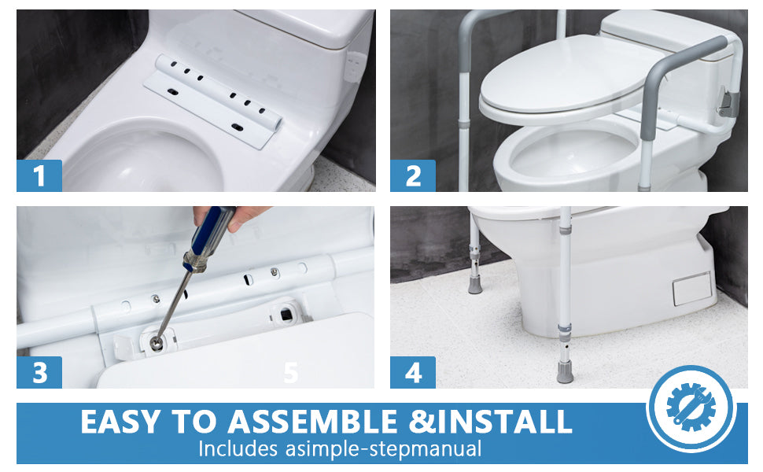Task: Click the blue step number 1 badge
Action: click(39, 175)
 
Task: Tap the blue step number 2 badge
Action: click(413, 175)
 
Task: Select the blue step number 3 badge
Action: click(39, 372)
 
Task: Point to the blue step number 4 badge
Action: click(413, 372)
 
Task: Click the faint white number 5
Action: click(290, 373)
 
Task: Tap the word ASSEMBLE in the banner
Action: click(313, 422)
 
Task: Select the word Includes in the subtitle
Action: click(238, 448)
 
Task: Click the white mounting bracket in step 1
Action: click(213, 100)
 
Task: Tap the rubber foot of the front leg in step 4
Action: click(565, 371)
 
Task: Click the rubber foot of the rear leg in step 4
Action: click(475, 285)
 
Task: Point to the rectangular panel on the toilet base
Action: click(691, 289)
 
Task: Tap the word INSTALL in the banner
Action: click(504, 422)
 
